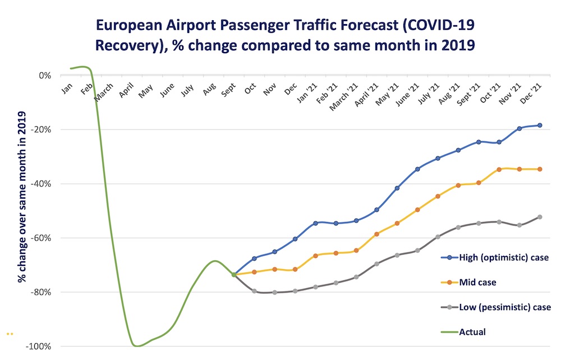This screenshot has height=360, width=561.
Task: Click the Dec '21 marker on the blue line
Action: tap(540, 125)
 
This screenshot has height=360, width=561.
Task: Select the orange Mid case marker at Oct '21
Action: tap(499, 169)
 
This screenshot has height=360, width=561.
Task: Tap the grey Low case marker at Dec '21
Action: tap(540, 216)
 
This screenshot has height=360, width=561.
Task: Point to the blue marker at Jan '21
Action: tap(316, 223)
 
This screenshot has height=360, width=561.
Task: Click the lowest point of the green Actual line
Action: tap(136, 345)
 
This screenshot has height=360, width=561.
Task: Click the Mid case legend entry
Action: tap(477, 283)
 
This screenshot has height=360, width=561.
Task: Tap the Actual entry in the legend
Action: tap(472, 332)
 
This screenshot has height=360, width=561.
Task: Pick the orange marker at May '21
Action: tap(397, 223)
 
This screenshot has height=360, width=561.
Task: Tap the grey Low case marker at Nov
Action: tap(275, 292)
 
